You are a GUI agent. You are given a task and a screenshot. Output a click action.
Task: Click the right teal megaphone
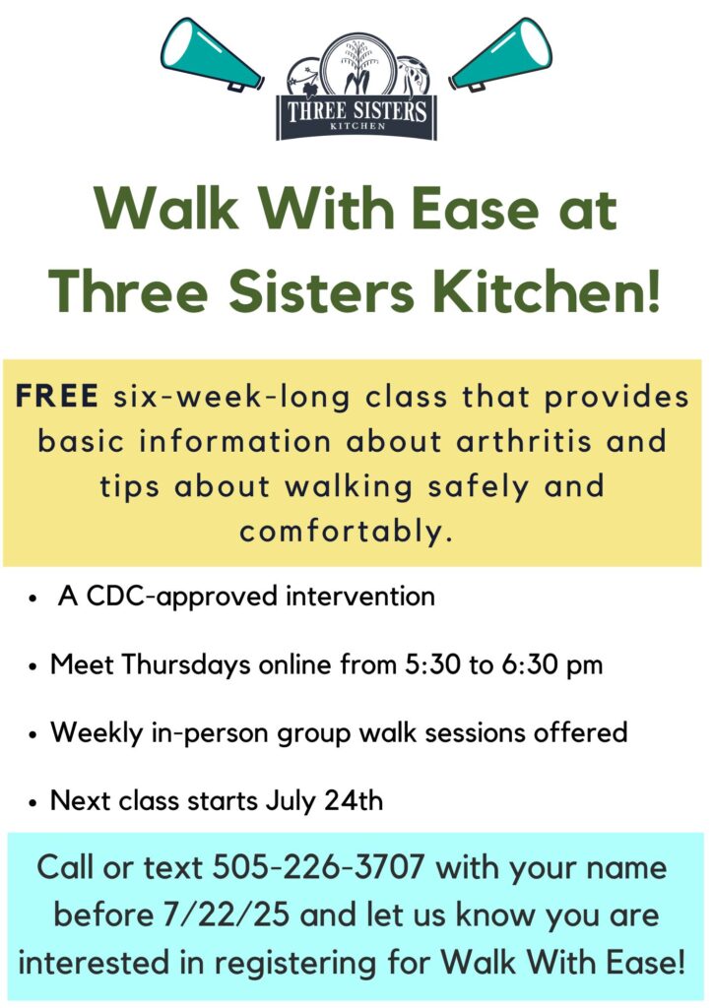(x=501, y=55)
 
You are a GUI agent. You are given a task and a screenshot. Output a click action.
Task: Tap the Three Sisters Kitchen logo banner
(x=356, y=117)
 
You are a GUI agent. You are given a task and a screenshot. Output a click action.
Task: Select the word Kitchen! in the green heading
(x=546, y=291)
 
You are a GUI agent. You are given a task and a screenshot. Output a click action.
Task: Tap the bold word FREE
(x=56, y=396)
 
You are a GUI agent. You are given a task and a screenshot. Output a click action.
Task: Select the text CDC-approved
(x=182, y=597)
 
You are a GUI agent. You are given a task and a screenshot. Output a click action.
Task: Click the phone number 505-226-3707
(x=318, y=867)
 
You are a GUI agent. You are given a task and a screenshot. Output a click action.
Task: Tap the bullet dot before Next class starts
(x=33, y=803)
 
